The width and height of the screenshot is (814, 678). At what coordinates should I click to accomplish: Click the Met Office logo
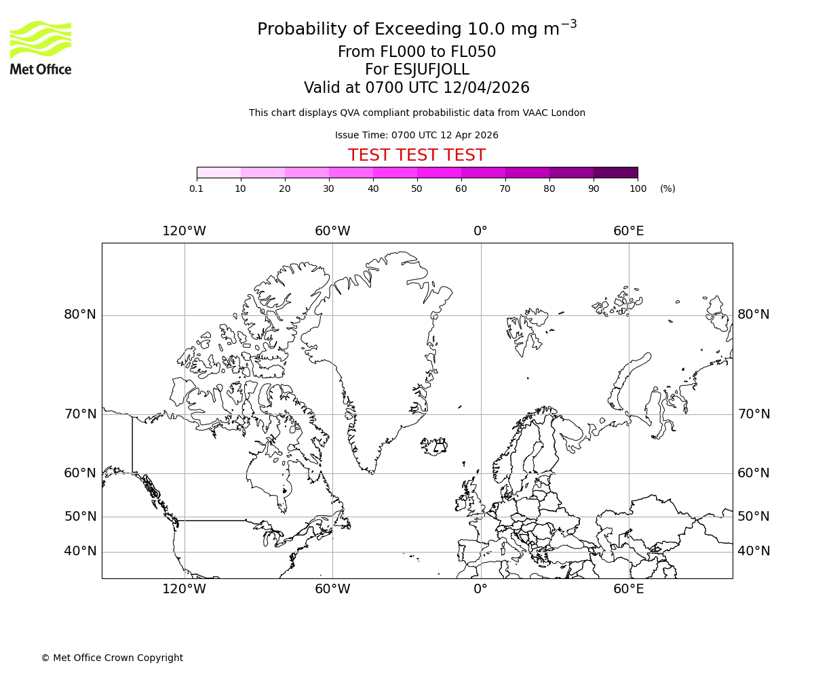click(41, 47)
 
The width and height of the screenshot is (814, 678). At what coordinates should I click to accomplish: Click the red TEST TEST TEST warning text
click(416, 155)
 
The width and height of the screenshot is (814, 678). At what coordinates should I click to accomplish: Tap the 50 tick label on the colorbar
click(416, 188)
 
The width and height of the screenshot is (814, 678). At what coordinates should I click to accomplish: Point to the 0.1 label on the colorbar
click(197, 188)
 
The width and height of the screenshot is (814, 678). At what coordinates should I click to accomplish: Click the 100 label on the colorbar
click(638, 188)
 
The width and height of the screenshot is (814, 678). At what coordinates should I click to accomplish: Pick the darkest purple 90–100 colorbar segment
click(615, 172)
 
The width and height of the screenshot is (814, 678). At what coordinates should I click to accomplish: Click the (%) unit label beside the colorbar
click(667, 188)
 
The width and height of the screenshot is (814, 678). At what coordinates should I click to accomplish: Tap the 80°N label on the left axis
click(80, 315)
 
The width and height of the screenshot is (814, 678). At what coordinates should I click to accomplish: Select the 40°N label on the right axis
click(754, 551)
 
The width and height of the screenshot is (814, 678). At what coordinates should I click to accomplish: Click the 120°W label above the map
click(184, 231)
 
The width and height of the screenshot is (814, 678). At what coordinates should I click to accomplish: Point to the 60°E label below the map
click(629, 589)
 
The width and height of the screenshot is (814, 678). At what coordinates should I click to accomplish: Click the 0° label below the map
click(480, 589)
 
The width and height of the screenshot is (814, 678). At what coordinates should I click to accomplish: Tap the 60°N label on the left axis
click(80, 473)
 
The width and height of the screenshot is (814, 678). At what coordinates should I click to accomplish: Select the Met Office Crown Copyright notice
click(112, 658)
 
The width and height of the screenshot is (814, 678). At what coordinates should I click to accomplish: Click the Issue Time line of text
click(416, 135)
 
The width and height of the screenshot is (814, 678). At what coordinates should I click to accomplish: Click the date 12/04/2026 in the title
click(486, 87)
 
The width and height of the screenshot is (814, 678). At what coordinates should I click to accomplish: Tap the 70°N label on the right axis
click(754, 414)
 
